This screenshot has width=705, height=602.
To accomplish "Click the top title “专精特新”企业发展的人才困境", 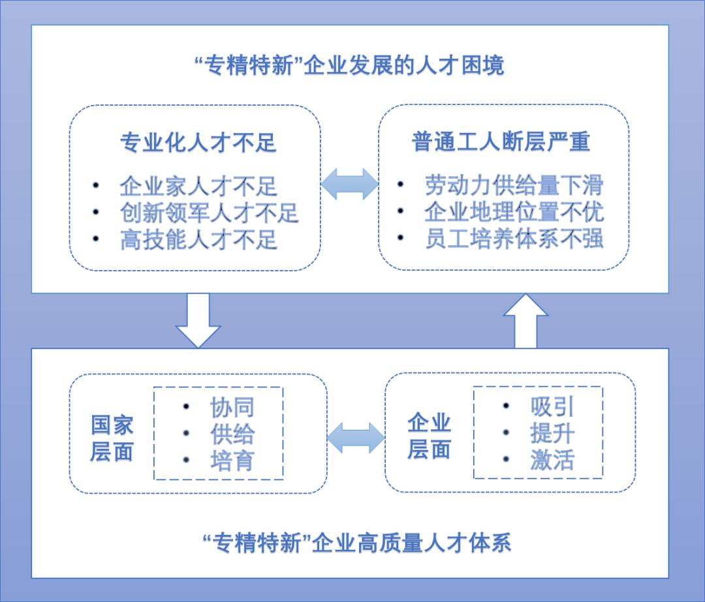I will pos(350,66).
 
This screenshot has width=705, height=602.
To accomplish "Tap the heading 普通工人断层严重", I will pos(501,142).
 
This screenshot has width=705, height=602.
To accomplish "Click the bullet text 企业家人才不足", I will pos(198,187).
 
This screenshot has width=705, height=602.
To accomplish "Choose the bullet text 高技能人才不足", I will pos(198,239).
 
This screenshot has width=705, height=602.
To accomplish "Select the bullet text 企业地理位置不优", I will pos(514,212).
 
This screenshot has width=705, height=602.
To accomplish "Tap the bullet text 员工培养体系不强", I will pos(514,239).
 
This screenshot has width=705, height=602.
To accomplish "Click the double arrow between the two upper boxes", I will pos(350,184).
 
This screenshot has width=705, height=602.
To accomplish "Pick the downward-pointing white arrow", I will pos(198,320).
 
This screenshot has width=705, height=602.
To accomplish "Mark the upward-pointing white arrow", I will pos(525,321).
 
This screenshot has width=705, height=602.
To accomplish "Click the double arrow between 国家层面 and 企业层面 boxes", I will pos(356,438).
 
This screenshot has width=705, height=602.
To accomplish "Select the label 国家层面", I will pos(112,438).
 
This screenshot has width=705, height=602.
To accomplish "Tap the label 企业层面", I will pos(429,436).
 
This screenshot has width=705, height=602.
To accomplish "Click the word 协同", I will pos(232,408).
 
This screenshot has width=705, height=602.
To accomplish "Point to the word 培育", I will pos(232,461).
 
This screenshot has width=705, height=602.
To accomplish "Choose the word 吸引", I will pos(552,406).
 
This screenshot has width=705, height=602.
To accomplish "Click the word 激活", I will pos(552,460).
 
